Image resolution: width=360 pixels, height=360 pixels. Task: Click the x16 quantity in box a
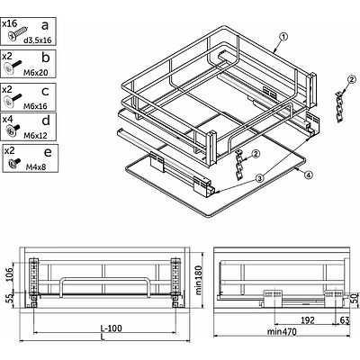10,23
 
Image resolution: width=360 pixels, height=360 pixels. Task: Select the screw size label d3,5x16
38,40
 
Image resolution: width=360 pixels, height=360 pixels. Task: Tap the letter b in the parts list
45,57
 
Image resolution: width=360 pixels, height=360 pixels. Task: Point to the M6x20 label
35,72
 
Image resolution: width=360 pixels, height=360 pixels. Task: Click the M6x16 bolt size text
35,106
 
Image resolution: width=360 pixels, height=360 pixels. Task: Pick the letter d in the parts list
46,120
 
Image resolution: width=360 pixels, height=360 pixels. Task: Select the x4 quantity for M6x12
7,119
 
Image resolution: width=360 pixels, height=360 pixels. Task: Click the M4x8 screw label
36,166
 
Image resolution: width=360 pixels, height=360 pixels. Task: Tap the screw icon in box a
18,33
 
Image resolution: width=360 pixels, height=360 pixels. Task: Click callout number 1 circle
283,37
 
